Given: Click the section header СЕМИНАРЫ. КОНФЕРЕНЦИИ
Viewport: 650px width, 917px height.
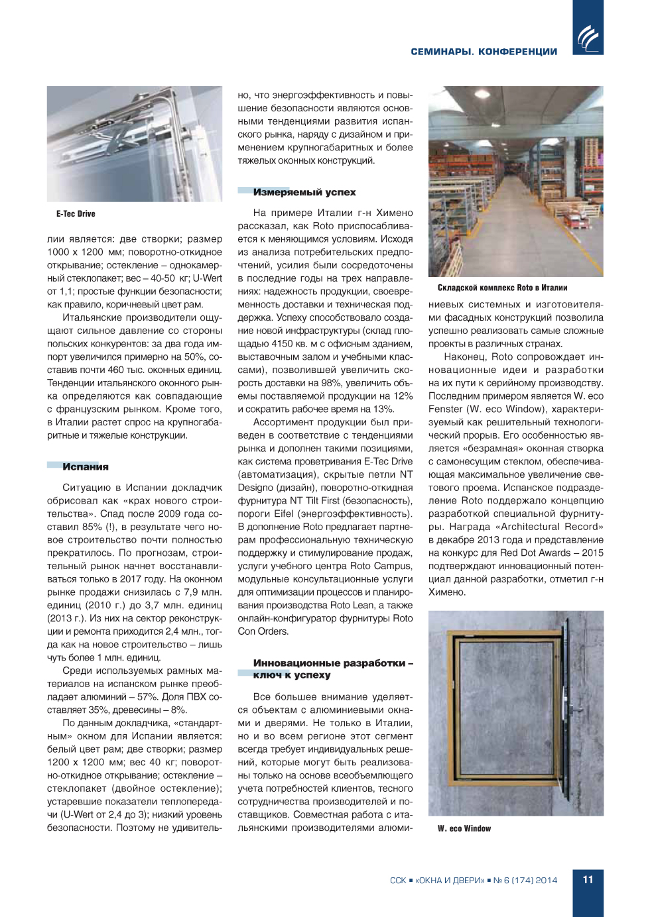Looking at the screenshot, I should point(484,52).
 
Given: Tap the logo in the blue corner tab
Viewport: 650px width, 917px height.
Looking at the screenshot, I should point(588,38).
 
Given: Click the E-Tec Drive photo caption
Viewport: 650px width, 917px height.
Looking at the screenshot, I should point(76,214).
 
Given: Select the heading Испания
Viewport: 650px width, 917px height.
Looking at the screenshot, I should point(85,467).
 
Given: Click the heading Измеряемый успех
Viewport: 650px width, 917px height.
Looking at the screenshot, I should point(304,192).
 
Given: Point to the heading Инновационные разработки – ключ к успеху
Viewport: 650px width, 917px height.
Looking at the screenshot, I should point(332,669).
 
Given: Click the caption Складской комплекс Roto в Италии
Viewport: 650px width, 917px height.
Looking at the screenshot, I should point(502,288).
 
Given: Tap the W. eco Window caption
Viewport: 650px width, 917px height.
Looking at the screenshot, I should point(464,828).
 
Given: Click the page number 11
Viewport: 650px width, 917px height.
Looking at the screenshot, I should point(588,880).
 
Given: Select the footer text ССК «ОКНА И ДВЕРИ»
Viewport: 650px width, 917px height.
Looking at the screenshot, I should point(437,881).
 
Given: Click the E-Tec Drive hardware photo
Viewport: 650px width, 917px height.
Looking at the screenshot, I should point(134,144).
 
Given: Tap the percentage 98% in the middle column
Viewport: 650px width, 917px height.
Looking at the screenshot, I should point(347,383).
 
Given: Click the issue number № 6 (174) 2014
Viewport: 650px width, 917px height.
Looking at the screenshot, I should point(525,881).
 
